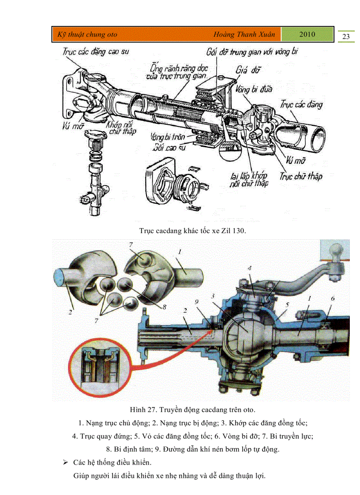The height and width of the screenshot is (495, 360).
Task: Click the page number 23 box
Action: (346, 36)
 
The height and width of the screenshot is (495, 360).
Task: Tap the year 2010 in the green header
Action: (307, 34)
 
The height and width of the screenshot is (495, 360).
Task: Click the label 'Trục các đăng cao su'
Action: (95, 52)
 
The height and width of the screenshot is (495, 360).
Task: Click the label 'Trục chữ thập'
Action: (301, 176)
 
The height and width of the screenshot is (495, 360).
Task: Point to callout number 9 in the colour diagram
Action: (197, 301)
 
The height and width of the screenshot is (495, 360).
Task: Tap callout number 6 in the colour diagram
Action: (333, 298)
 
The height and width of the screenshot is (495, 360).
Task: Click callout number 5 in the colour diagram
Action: (286, 304)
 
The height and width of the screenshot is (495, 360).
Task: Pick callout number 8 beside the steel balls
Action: (164, 307)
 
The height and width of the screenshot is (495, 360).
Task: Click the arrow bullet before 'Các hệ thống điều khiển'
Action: (65, 463)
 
